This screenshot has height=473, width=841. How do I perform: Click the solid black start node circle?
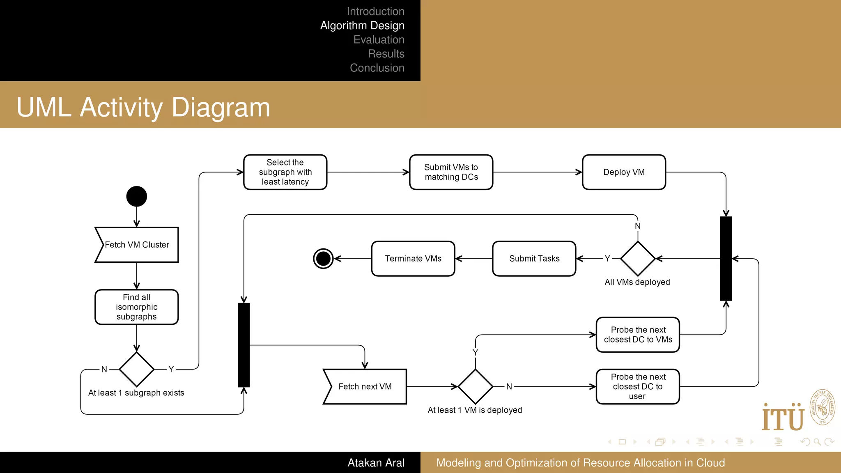point(137,196)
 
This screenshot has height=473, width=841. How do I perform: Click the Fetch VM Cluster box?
point(137,245)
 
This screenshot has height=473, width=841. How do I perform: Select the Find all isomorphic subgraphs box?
point(137,307)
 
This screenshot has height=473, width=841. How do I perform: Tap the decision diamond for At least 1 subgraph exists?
point(137,369)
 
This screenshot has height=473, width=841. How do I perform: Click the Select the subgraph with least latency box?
point(285,172)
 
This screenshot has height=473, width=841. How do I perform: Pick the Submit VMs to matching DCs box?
point(451,172)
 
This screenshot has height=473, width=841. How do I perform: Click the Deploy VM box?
point(624,172)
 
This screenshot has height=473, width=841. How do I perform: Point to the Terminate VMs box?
point(413,259)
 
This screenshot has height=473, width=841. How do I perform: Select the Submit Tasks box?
point(534,259)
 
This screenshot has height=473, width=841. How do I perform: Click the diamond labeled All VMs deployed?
point(637,259)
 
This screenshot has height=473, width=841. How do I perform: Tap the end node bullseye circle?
point(323,259)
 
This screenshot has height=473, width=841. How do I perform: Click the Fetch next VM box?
point(365,386)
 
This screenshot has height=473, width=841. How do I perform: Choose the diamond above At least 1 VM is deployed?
point(475,386)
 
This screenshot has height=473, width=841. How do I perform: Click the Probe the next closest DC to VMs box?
point(638,335)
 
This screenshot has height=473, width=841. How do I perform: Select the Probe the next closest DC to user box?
point(638,386)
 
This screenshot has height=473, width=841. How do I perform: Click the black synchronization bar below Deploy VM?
point(726,259)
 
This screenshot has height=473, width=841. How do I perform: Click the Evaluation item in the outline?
point(379,40)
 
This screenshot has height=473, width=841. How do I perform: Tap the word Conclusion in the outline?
point(377,68)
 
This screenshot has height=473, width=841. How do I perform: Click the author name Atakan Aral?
point(376,463)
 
